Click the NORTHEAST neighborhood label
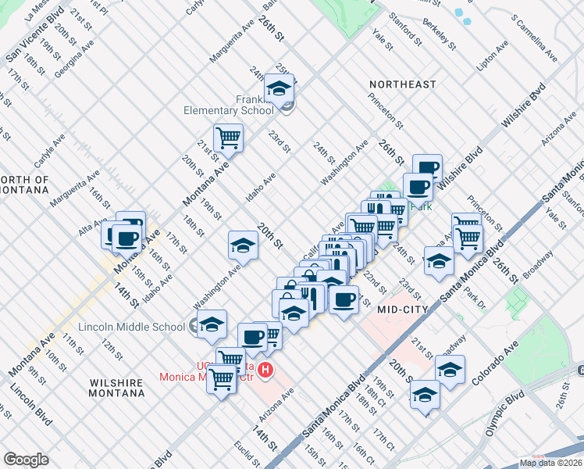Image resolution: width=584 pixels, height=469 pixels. pos(403,84)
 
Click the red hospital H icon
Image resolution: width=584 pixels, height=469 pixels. pos(266,370)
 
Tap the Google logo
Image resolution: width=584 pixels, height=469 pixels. pos(27,460)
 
